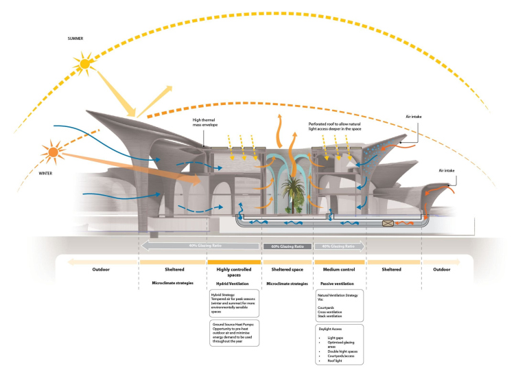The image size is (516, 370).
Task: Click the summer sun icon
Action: tap(84, 65)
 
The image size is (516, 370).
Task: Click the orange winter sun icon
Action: tap(53, 150)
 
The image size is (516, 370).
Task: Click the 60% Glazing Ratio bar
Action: tap(288, 246)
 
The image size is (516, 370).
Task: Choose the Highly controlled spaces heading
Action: tap(233, 272)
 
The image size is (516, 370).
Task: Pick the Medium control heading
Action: tap(338, 269)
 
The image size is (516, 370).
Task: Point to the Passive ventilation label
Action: tap(340, 283)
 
